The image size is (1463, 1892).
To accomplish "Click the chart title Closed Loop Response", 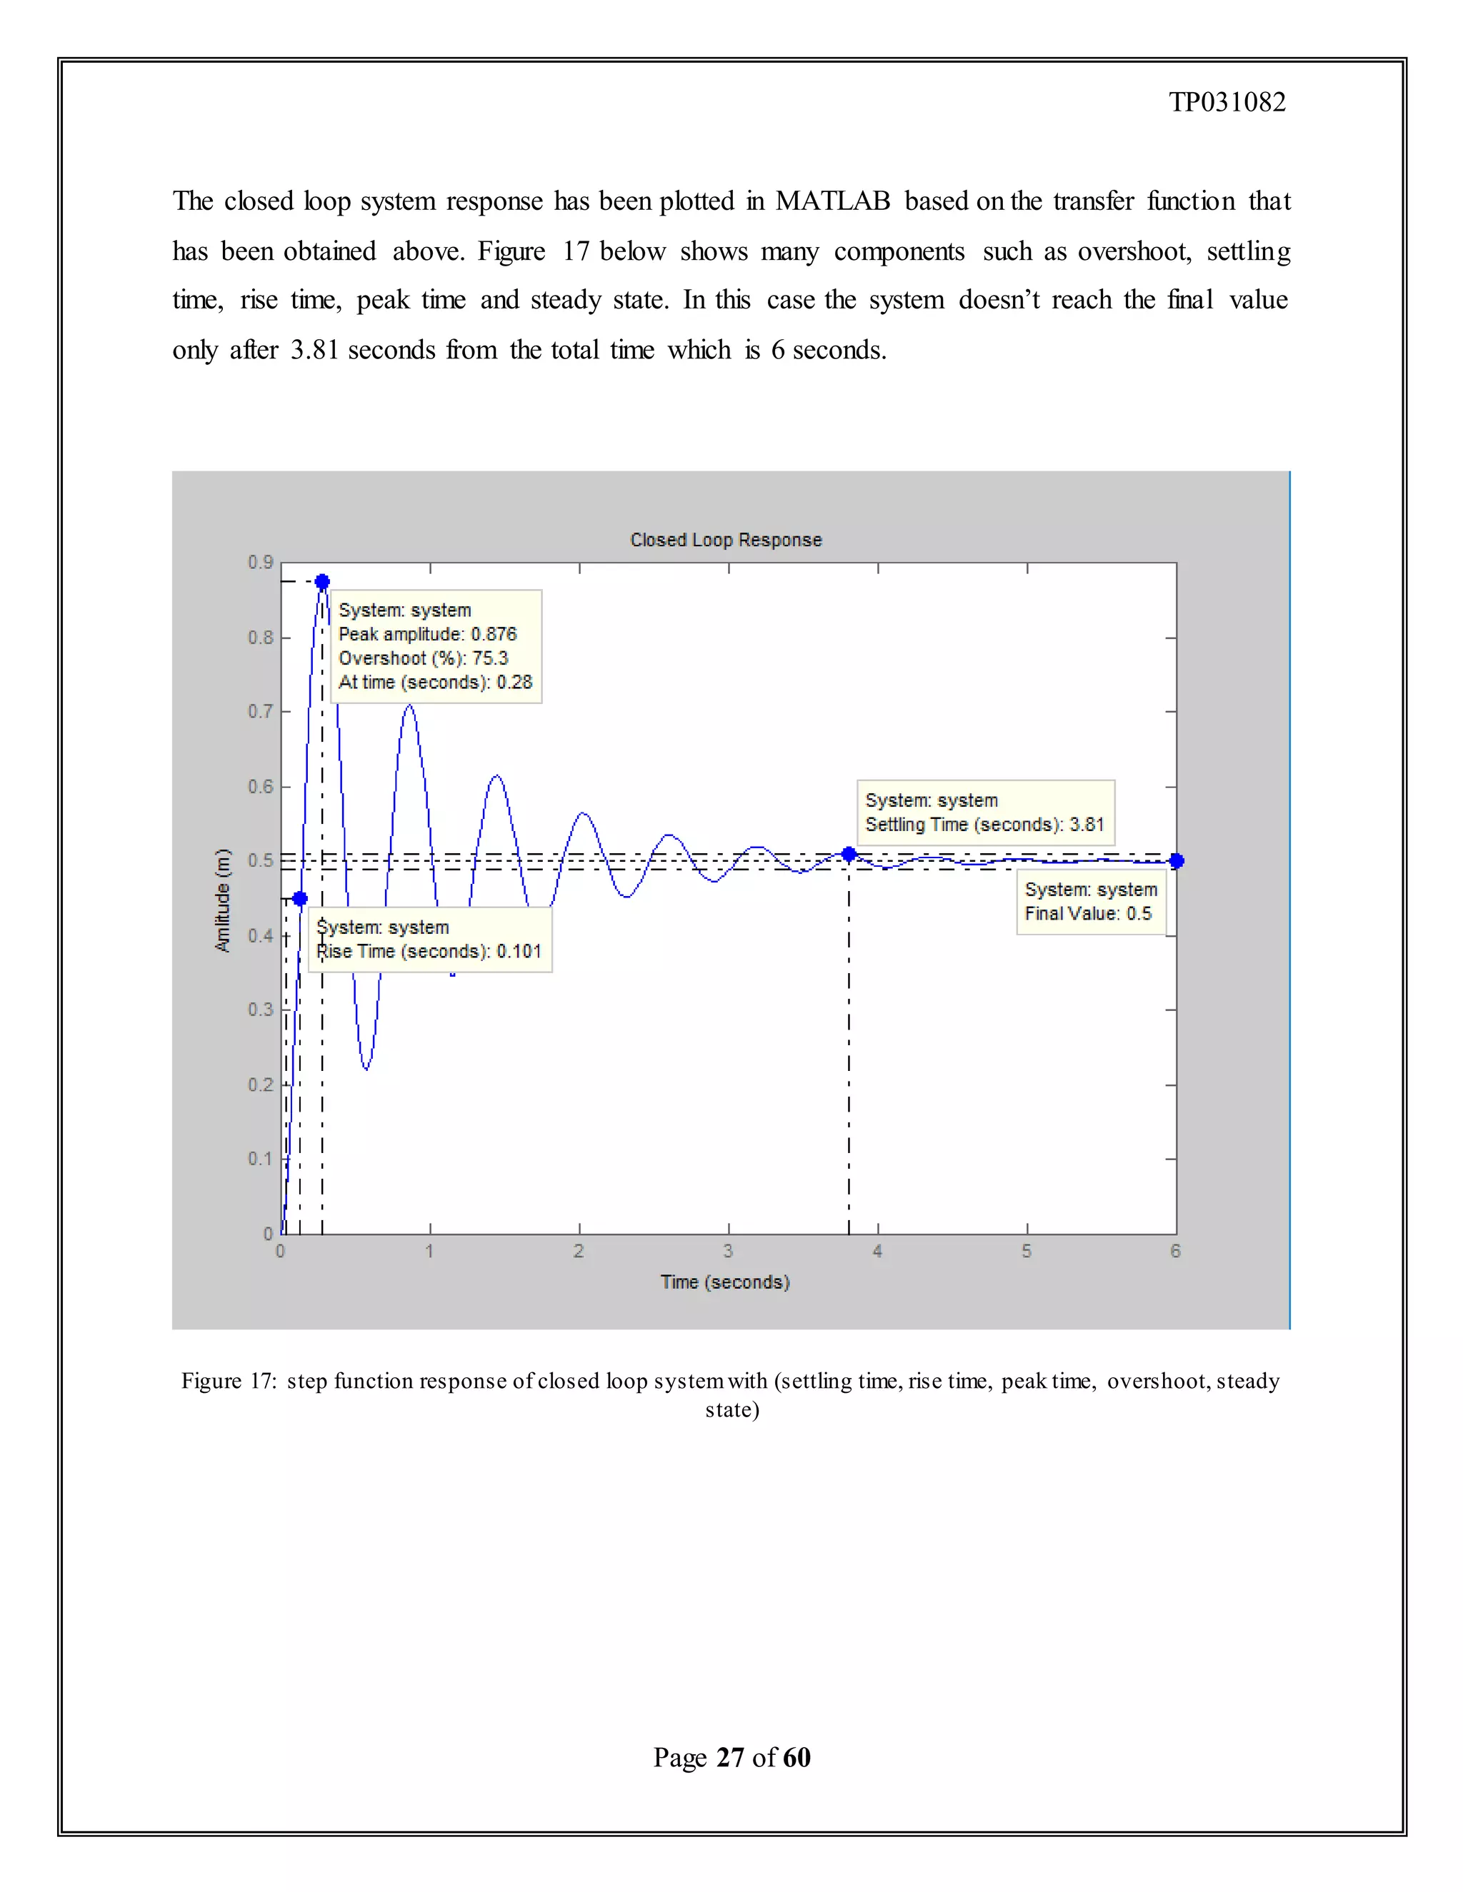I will click(x=726, y=540).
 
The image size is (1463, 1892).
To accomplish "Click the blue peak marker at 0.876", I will click(x=322, y=581).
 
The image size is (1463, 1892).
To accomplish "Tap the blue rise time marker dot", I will click(x=300, y=898).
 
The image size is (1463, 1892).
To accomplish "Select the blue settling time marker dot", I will click(x=849, y=854).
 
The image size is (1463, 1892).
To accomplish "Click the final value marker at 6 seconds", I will click(x=1176, y=860).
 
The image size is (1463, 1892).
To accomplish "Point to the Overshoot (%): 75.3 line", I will click(x=423, y=658).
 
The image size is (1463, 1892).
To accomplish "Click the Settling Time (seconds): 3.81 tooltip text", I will click(x=984, y=825).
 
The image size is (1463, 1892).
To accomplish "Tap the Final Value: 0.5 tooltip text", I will click(x=1088, y=913).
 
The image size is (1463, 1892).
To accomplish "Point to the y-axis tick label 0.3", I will click(x=260, y=1010).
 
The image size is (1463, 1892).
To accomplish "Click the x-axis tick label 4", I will click(x=877, y=1251).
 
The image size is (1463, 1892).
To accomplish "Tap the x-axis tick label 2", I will click(x=579, y=1251).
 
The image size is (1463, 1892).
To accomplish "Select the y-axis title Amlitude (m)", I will click(x=223, y=900).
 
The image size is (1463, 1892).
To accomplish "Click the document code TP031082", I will click(x=1227, y=102).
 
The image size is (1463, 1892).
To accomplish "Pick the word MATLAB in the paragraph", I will click(x=832, y=201).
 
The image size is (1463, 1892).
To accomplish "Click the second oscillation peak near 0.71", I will click(x=409, y=707).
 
